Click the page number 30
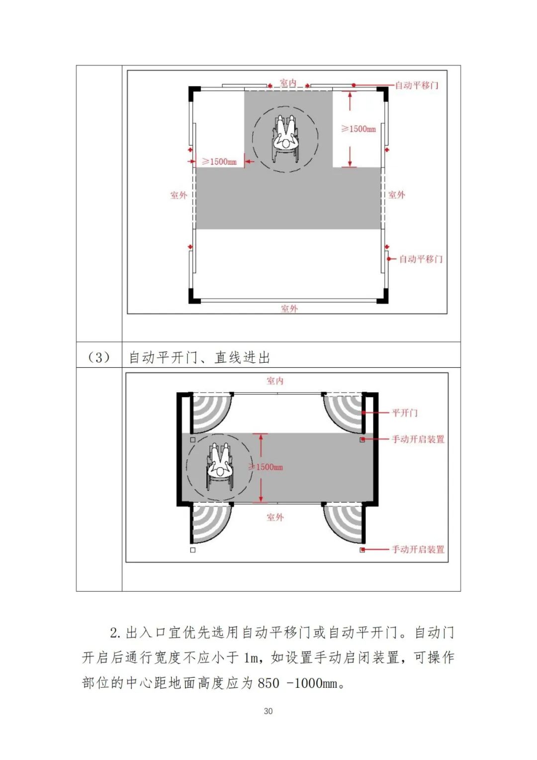(x=268, y=711)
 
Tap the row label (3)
(x=98, y=357)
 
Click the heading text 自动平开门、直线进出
(x=199, y=357)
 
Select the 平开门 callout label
(x=405, y=413)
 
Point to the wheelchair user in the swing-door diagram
(x=220, y=467)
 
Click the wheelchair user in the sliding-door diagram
(x=285, y=139)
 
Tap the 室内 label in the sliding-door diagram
(x=288, y=83)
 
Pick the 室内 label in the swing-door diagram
(x=275, y=381)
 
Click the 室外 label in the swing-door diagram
(x=275, y=517)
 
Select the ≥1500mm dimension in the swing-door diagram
(x=267, y=467)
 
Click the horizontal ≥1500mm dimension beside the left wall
(x=219, y=161)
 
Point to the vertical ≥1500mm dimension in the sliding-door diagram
(x=358, y=129)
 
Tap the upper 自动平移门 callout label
(x=417, y=85)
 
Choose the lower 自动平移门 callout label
(x=421, y=259)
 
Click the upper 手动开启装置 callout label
(x=418, y=439)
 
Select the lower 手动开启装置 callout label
(x=418, y=549)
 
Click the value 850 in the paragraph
(x=268, y=683)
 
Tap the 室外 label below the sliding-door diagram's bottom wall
(x=289, y=309)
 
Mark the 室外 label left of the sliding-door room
(x=179, y=195)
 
